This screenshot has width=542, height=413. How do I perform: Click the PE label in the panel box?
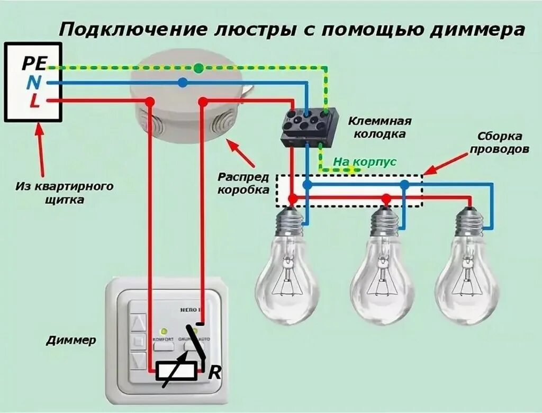(x=35, y=64)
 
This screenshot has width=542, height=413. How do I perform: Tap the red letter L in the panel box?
(x=34, y=101)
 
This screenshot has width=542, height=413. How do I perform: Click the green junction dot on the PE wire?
(x=198, y=68)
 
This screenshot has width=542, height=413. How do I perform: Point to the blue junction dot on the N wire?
(x=183, y=83)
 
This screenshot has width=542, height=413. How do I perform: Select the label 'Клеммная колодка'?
(x=380, y=128)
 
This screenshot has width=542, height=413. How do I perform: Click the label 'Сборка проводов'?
(x=499, y=143)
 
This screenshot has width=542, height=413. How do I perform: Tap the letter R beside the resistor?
(x=214, y=373)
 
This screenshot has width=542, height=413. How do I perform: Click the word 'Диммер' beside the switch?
(x=71, y=340)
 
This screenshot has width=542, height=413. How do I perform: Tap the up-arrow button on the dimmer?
(x=139, y=321)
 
